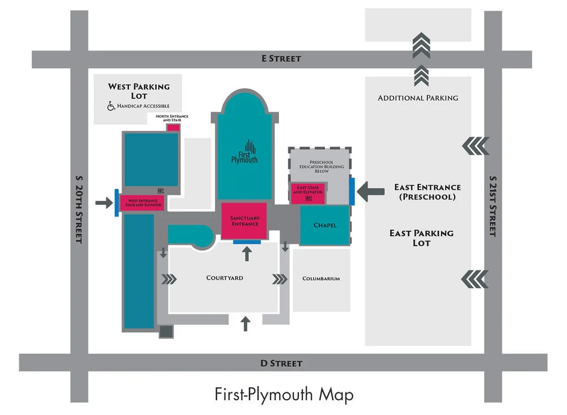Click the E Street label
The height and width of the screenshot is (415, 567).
click(x=281, y=58)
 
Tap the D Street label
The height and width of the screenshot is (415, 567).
click(x=281, y=363)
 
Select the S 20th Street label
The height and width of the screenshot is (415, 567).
click(x=79, y=210)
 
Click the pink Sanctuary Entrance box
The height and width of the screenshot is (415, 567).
click(x=244, y=221)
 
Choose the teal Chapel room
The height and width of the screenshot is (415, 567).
click(x=325, y=225)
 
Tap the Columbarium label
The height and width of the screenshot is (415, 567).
click(x=321, y=278)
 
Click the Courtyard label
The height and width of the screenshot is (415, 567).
click(x=225, y=278)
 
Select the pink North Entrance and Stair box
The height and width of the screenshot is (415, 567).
click(x=174, y=127)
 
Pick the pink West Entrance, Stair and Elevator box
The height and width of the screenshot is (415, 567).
click(x=142, y=202)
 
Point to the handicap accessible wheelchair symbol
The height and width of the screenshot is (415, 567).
click(x=112, y=106)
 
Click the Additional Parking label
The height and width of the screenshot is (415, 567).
click(x=418, y=98)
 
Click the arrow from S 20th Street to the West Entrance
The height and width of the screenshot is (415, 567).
click(x=104, y=202)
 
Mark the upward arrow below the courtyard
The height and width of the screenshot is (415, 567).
click(x=245, y=323)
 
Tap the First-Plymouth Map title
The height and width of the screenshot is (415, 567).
click(x=283, y=394)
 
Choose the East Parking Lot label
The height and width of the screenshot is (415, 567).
click(x=421, y=238)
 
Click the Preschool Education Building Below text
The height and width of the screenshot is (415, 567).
click(x=321, y=166)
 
